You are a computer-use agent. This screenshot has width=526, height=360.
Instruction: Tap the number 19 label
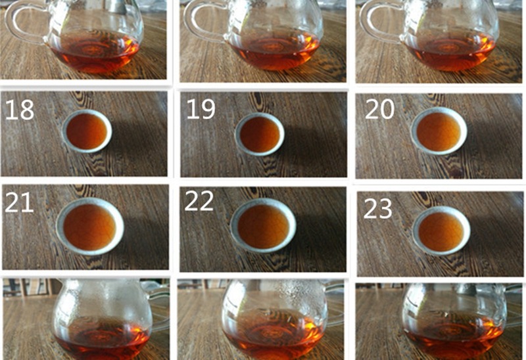201,109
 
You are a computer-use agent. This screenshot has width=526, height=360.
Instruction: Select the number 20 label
379,108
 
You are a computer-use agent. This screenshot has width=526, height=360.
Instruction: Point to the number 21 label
19,202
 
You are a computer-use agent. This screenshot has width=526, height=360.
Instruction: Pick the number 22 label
199,200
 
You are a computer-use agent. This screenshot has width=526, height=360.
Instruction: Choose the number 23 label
377,208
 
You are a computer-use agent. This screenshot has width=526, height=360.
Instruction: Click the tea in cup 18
87,131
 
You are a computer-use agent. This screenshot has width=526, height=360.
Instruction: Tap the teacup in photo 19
259,134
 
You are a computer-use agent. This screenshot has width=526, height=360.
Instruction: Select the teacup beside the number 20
439,131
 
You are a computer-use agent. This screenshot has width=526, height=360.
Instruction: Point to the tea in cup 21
89,227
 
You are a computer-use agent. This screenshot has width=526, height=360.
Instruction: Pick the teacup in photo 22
263,225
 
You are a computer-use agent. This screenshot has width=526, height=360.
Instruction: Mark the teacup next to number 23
441,231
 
